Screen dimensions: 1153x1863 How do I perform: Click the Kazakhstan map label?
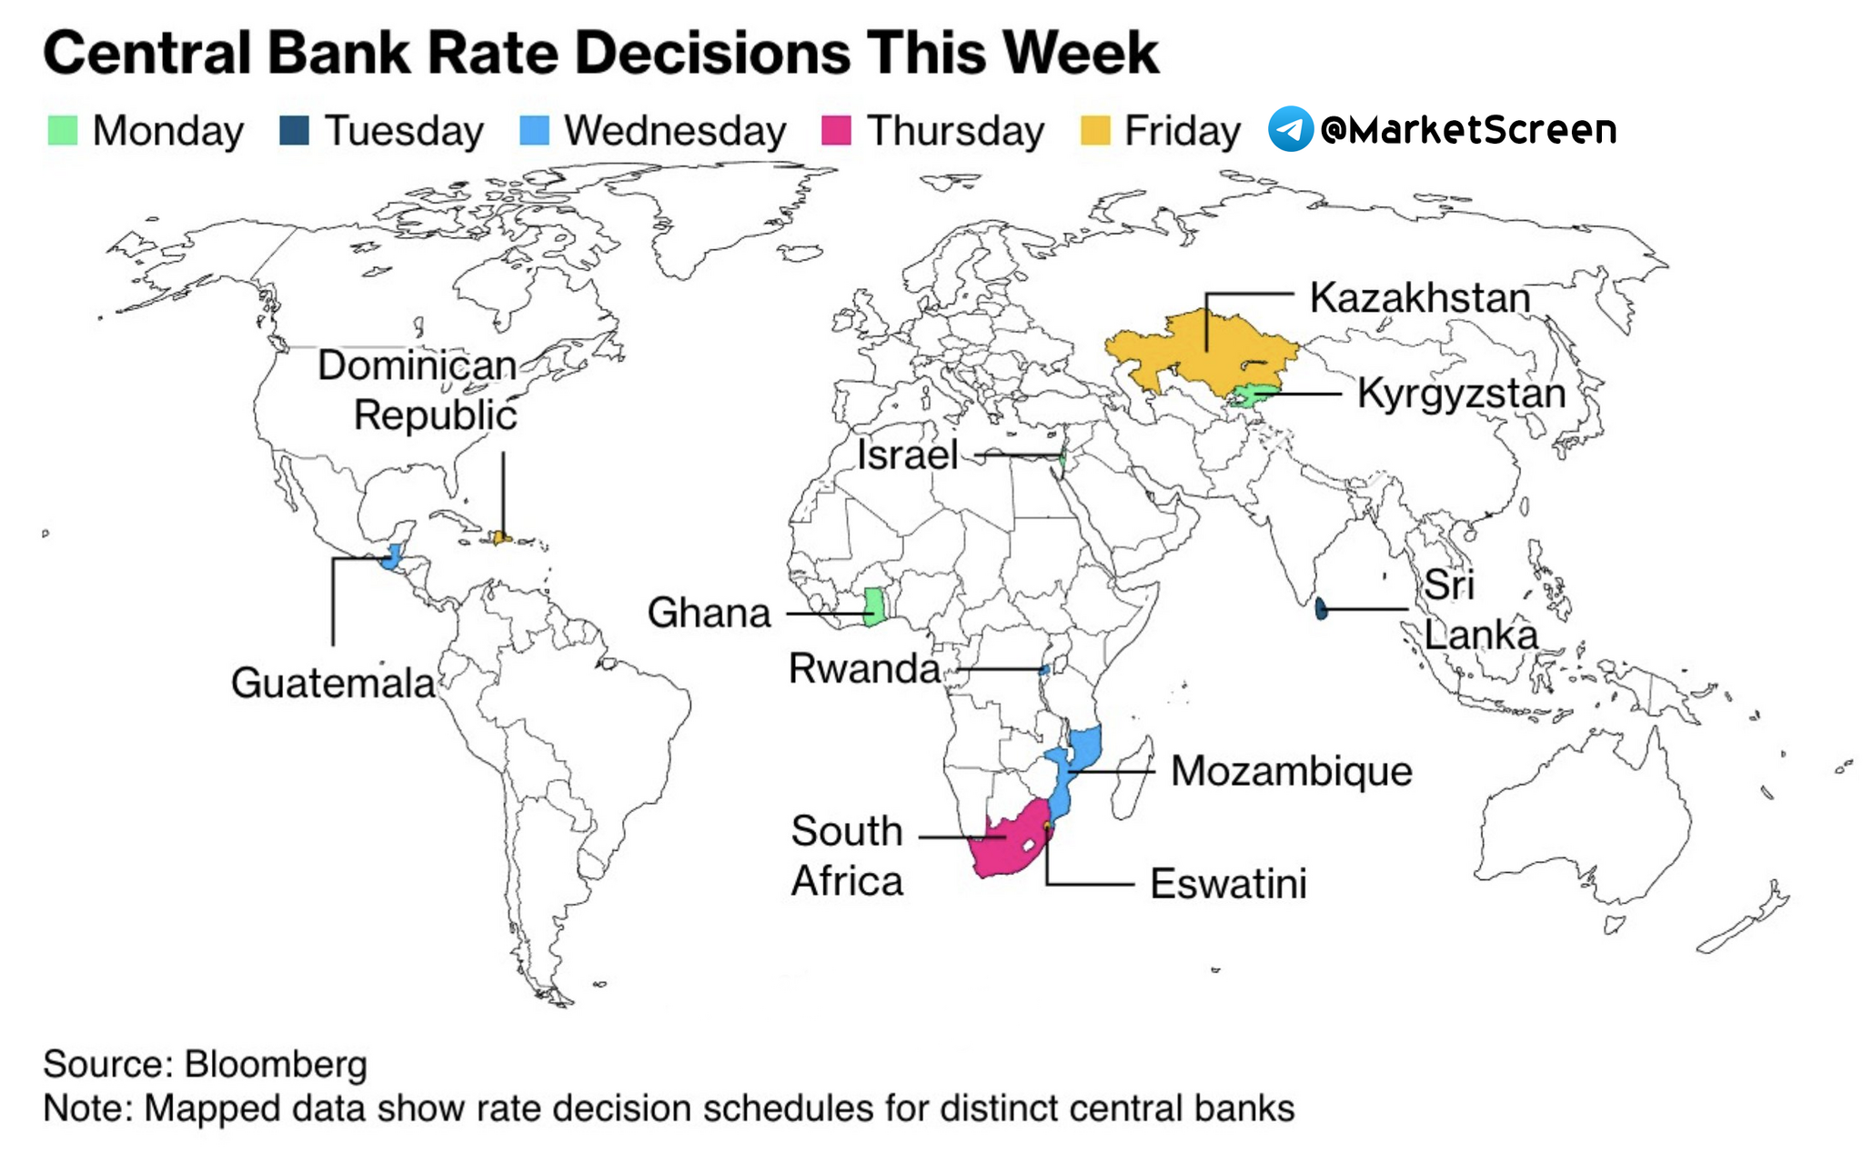(x=1419, y=298)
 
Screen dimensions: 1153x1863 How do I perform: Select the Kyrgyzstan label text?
(x=1461, y=394)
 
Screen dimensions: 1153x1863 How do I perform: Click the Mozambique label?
(x=1291, y=771)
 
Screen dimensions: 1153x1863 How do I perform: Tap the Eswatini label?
(x=1228, y=883)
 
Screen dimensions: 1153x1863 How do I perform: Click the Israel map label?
(x=907, y=455)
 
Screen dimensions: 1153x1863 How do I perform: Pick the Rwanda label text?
(x=863, y=668)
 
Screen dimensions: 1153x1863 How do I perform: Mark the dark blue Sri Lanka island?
(x=1321, y=608)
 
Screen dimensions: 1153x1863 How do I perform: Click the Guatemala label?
(x=333, y=683)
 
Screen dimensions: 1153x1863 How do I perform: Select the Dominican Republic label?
(x=418, y=390)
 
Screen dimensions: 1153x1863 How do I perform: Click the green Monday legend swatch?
(x=63, y=130)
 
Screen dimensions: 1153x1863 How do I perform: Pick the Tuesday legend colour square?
(x=295, y=130)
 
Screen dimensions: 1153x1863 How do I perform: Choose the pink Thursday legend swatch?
(x=836, y=130)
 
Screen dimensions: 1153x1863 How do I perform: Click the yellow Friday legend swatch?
(x=1095, y=130)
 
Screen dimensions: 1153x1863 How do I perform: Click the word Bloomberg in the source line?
(x=276, y=1065)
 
